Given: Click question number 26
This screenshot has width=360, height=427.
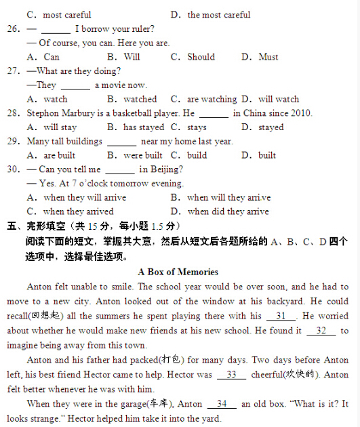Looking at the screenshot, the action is pyautogui.click(x=13, y=29).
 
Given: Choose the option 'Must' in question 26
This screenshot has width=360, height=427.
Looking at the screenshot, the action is pyautogui.click(x=268, y=57).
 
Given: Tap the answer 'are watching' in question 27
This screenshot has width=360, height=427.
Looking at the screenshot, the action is pyautogui.click(x=212, y=99).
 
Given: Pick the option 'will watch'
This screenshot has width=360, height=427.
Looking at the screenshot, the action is pyautogui.click(x=278, y=99).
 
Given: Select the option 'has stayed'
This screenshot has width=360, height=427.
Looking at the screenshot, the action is pyautogui.click(x=143, y=127).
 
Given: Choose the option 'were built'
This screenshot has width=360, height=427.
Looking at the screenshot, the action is pyautogui.click(x=142, y=155).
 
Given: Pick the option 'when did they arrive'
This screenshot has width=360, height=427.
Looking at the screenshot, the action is pyautogui.click(x=228, y=211).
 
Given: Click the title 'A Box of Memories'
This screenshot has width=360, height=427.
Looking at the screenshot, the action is pyautogui.click(x=178, y=272).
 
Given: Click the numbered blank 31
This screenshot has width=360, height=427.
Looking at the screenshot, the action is pyautogui.click(x=281, y=316).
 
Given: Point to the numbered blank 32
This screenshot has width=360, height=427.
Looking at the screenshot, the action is pyautogui.click(x=321, y=330).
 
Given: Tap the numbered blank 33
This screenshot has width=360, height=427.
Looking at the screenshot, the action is pyautogui.click(x=231, y=374).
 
